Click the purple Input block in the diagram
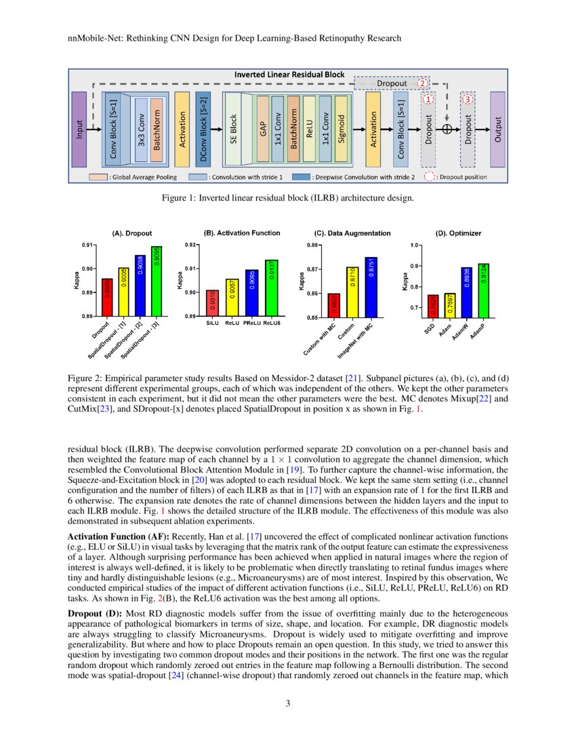pos(79,129)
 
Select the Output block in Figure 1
pos(497,129)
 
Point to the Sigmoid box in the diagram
pos(341,129)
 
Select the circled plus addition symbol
pos(447,128)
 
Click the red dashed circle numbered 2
pos(422,83)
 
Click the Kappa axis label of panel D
pos(405,281)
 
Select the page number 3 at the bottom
pos(288,703)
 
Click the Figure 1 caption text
pos(287,198)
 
